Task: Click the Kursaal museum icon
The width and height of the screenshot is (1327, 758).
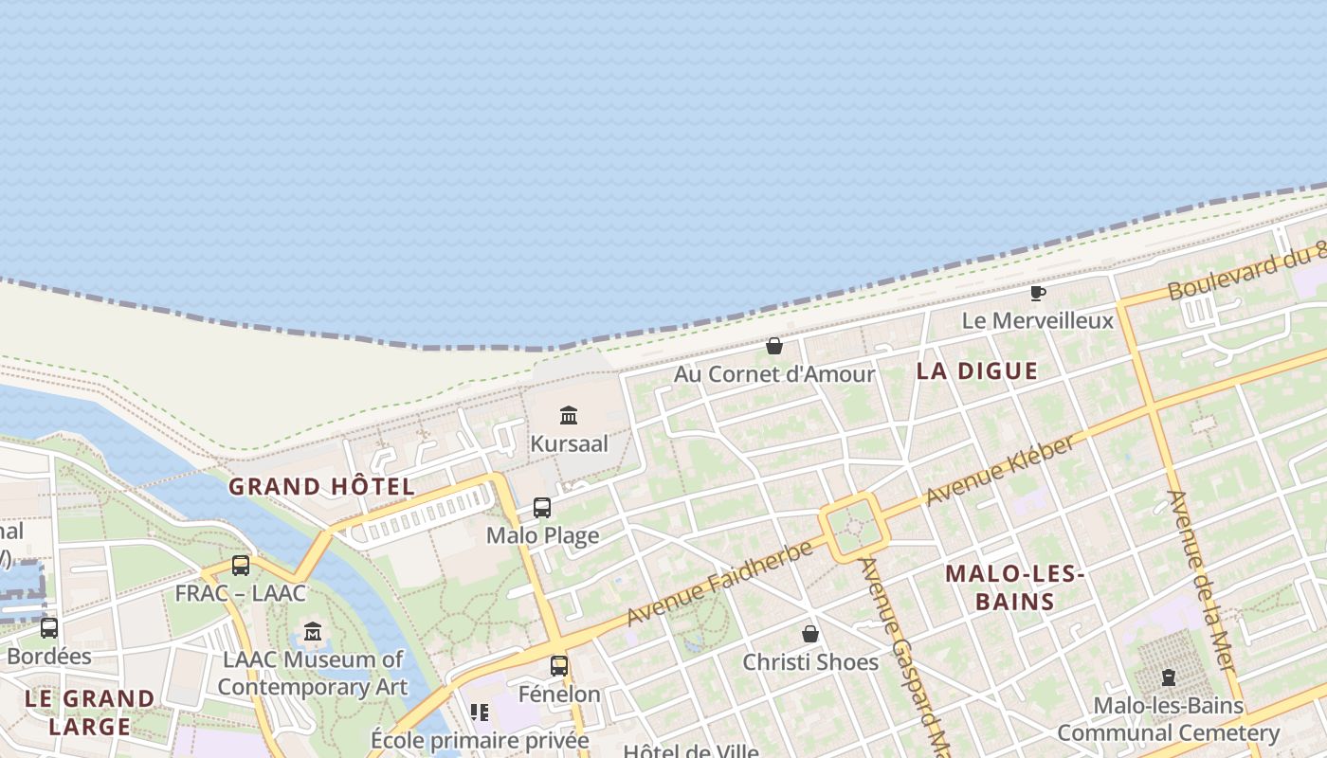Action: click(x=569, y=415)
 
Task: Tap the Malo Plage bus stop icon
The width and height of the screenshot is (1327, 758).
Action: click(x=542, y=508)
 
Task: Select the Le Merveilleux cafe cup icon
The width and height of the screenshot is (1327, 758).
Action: click(x=1038, y=293)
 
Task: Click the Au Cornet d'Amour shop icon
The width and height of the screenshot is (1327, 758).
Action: click(x=774, y=346)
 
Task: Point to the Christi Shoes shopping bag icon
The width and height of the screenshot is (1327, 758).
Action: click(x=810, y=634)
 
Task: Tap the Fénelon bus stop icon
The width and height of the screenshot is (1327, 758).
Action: click(x=559, y=666)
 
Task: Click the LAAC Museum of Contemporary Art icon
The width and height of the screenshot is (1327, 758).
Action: click(x=313, y=631)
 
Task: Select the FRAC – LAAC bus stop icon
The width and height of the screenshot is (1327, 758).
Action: click(x=241, y=566)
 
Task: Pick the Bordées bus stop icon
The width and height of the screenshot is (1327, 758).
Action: click(x=49, y=627)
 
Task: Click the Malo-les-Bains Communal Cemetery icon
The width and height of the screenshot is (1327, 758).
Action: click(x=1168, y=678)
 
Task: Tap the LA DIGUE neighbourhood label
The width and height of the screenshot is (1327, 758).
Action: click(x=977, y=371)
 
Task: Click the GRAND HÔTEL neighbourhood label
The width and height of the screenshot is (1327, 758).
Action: click(x=321, y=487)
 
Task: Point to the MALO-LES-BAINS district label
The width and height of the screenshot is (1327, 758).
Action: click(x=1014, y=587)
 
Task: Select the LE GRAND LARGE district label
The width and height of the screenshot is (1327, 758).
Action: click(x=90, y=713)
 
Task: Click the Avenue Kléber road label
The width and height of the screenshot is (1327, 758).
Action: click(x=1001, y=469)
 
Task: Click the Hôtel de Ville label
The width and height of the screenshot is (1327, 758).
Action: click(x=691, y=751)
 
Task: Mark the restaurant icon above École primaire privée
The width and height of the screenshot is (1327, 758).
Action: click(x=480, y=712)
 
